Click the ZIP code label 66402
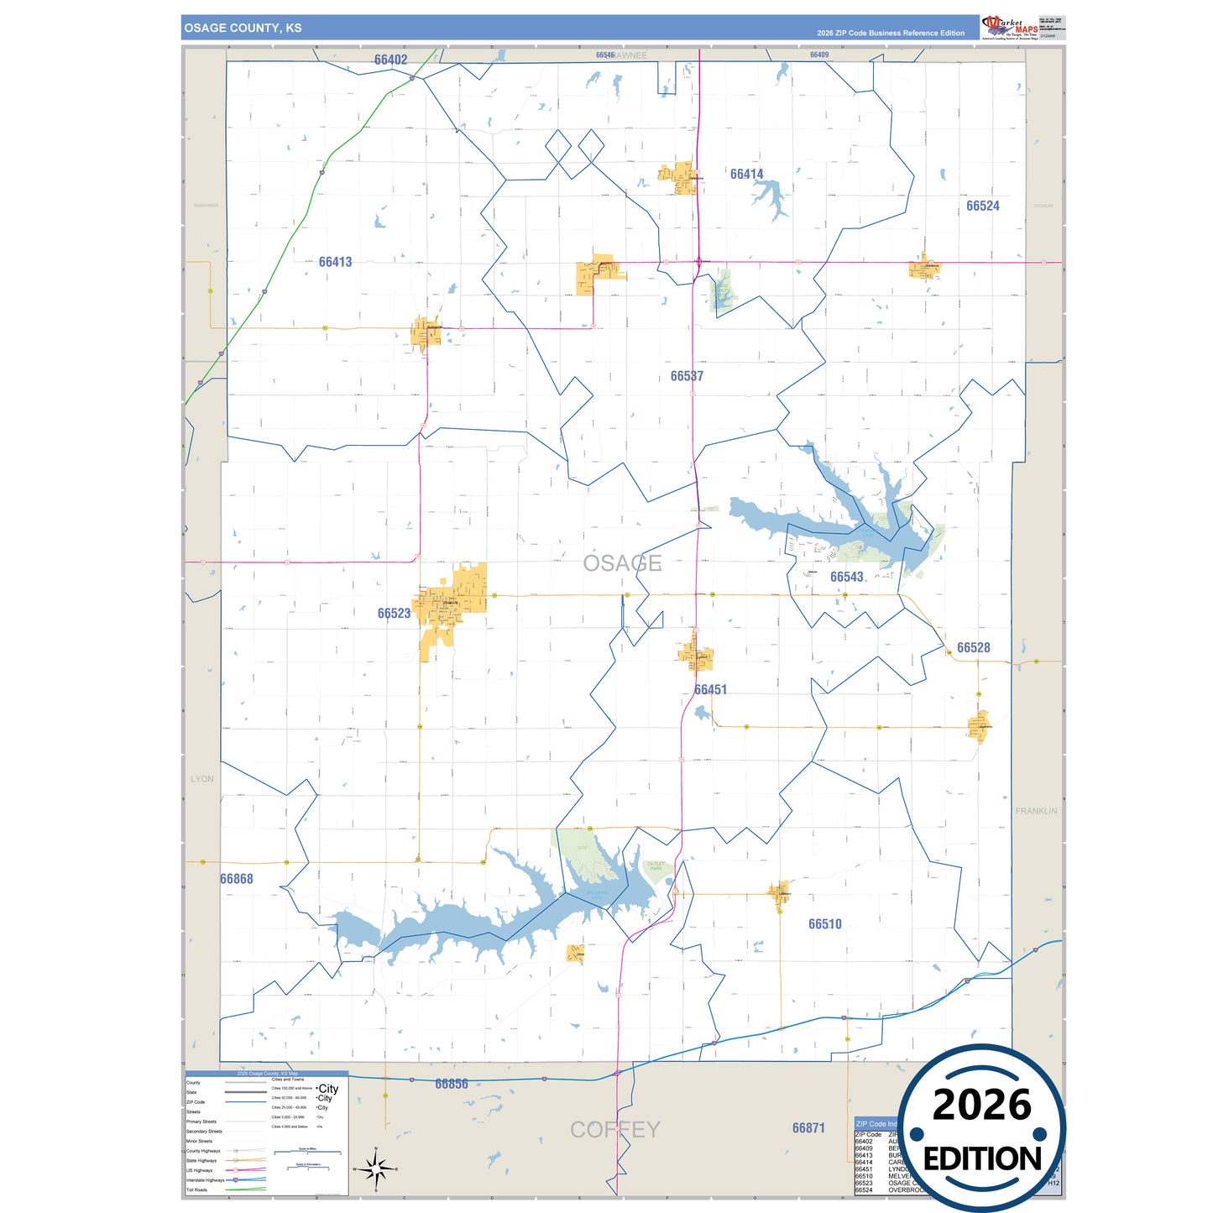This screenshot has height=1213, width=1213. click(390, 60)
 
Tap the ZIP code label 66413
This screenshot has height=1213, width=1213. click(335, 262)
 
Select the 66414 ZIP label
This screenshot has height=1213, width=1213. click(746, 175)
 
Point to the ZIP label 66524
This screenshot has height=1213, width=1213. click(982, 206)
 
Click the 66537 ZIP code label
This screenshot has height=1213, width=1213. click(687, 376)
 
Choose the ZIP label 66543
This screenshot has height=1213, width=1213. click(846, 577)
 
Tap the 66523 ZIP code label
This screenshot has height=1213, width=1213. click(394, 614)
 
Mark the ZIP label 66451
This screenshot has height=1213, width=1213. click(710, 690)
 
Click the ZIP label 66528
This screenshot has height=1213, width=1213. click(973, 648)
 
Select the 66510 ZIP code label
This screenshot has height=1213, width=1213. click(824, 924)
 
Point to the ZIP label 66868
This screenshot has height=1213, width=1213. click(236, 879)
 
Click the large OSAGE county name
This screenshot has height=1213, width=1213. click(622, 563)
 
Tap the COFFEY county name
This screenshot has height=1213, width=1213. click(614, 1130)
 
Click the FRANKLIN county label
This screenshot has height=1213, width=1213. click(1036, 811)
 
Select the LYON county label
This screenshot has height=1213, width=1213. click(202, 779)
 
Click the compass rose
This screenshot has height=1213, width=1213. click(375, 1169)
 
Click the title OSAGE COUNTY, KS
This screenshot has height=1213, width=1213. click(243, 28)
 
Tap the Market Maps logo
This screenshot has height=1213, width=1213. click(1009, 27)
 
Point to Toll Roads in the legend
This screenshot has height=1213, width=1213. click(197, 1189)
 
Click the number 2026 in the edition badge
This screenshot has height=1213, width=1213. click(981, 1106)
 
